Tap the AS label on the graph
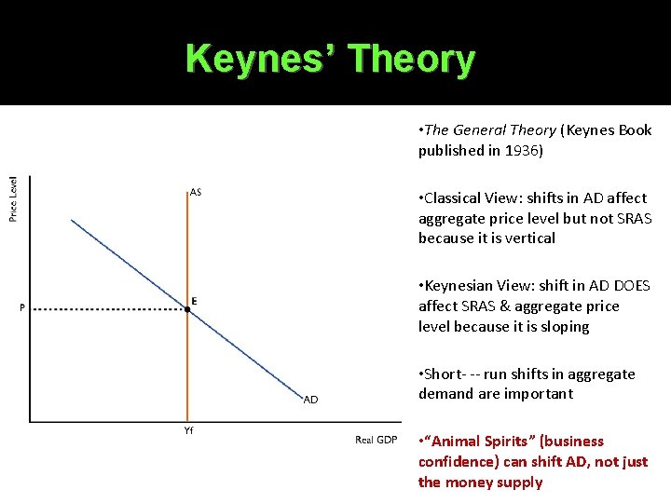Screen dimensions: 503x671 pyautogui.click(x=196, y=193)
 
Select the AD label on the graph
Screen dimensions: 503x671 pyautogui.click(x=311, y=400)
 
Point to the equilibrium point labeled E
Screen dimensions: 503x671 pyautogui.click(x=187, y=308)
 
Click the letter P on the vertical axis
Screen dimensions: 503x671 pyautogui.click(x=21, y=309)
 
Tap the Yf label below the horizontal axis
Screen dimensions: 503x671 pyautogui.click(x=187, y=430)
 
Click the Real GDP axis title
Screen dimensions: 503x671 pyautogui.click(x=376, y=440)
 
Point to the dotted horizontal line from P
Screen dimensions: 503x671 pyautogui.click(x=103, y=309)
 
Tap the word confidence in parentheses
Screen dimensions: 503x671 pyautogui.click(x=459, y=462)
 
